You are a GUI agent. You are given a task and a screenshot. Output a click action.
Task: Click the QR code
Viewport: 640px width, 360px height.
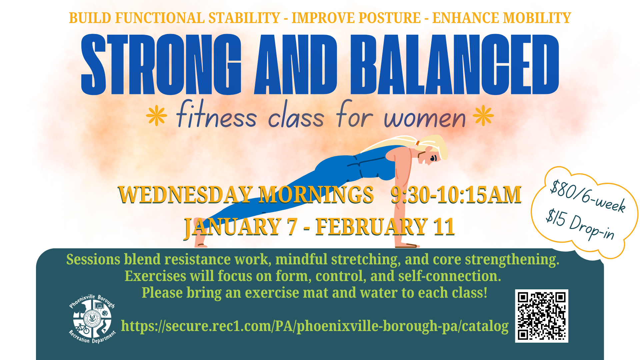coord(541,316)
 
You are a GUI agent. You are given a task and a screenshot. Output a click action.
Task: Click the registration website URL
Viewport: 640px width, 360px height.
coord(314,326)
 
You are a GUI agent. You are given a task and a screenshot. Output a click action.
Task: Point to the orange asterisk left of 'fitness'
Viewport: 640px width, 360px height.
coord(156,116)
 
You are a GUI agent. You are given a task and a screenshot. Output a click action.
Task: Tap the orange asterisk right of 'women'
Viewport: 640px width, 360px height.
coord(483,116)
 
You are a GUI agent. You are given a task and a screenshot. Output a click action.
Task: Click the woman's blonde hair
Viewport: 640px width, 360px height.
coord(433,145)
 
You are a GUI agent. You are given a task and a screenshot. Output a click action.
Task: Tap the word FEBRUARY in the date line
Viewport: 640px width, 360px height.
coord(372,227)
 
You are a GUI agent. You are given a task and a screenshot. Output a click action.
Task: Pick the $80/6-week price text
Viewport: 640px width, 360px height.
coord(588,196)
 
